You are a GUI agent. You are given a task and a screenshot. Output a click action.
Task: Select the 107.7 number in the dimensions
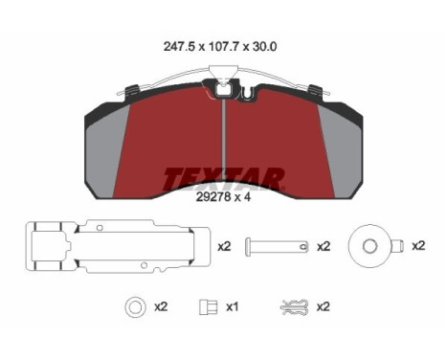pyautogui.click(x=222, y=45)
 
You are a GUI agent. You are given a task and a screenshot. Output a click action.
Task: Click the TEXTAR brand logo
pyautogui.click(x=224, y=179)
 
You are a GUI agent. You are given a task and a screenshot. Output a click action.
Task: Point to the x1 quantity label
pyautogui.click(x=232, y=307)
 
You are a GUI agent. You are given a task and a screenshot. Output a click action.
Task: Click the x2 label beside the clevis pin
pyautogui.click(x=323, y=247)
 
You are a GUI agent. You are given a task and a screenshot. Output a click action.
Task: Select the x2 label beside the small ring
pyautogui.click(x=160, y=307)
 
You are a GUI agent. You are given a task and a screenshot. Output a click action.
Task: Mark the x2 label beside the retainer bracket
pyautogui.click(x=224, y=247)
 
